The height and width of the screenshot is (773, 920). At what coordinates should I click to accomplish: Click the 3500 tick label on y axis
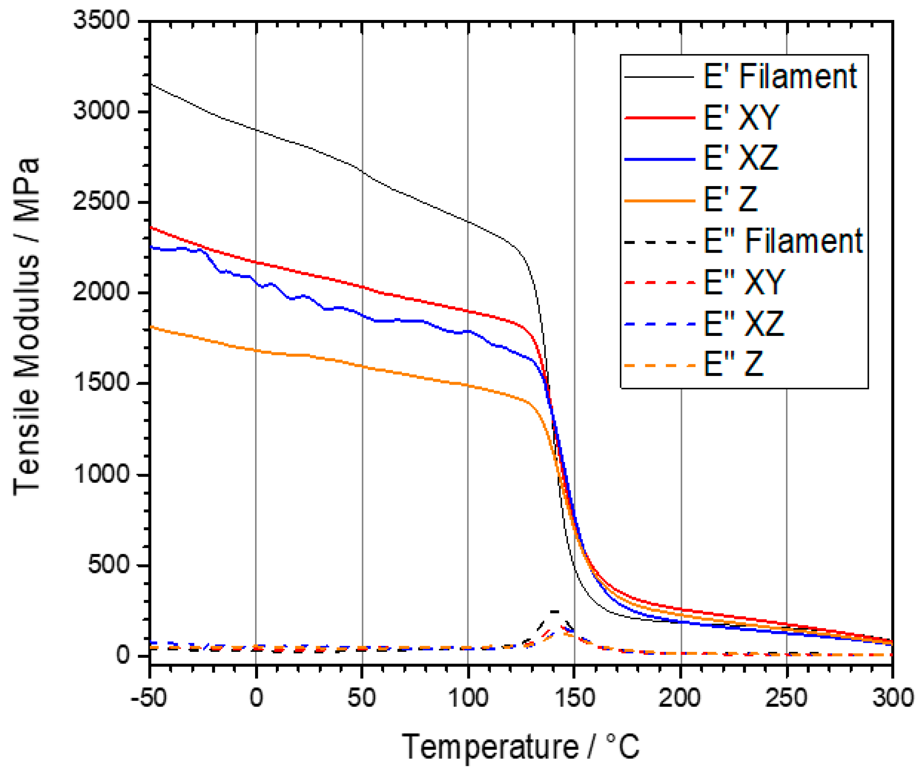click(102, 20)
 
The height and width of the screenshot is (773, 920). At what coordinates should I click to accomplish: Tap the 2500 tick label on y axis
click(102, 202)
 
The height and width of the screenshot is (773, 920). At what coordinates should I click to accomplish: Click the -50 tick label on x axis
click(149, 698)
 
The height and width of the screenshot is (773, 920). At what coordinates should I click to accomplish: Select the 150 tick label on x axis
click(574, 698)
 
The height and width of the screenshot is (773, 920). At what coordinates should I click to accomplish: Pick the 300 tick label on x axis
click(893, 698)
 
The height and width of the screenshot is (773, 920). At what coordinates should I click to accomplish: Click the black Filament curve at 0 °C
click(256, 130)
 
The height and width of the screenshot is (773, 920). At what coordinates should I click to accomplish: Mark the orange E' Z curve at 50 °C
click(362, 366)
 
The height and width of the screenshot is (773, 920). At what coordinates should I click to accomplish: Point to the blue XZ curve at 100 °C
click(469, 331)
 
